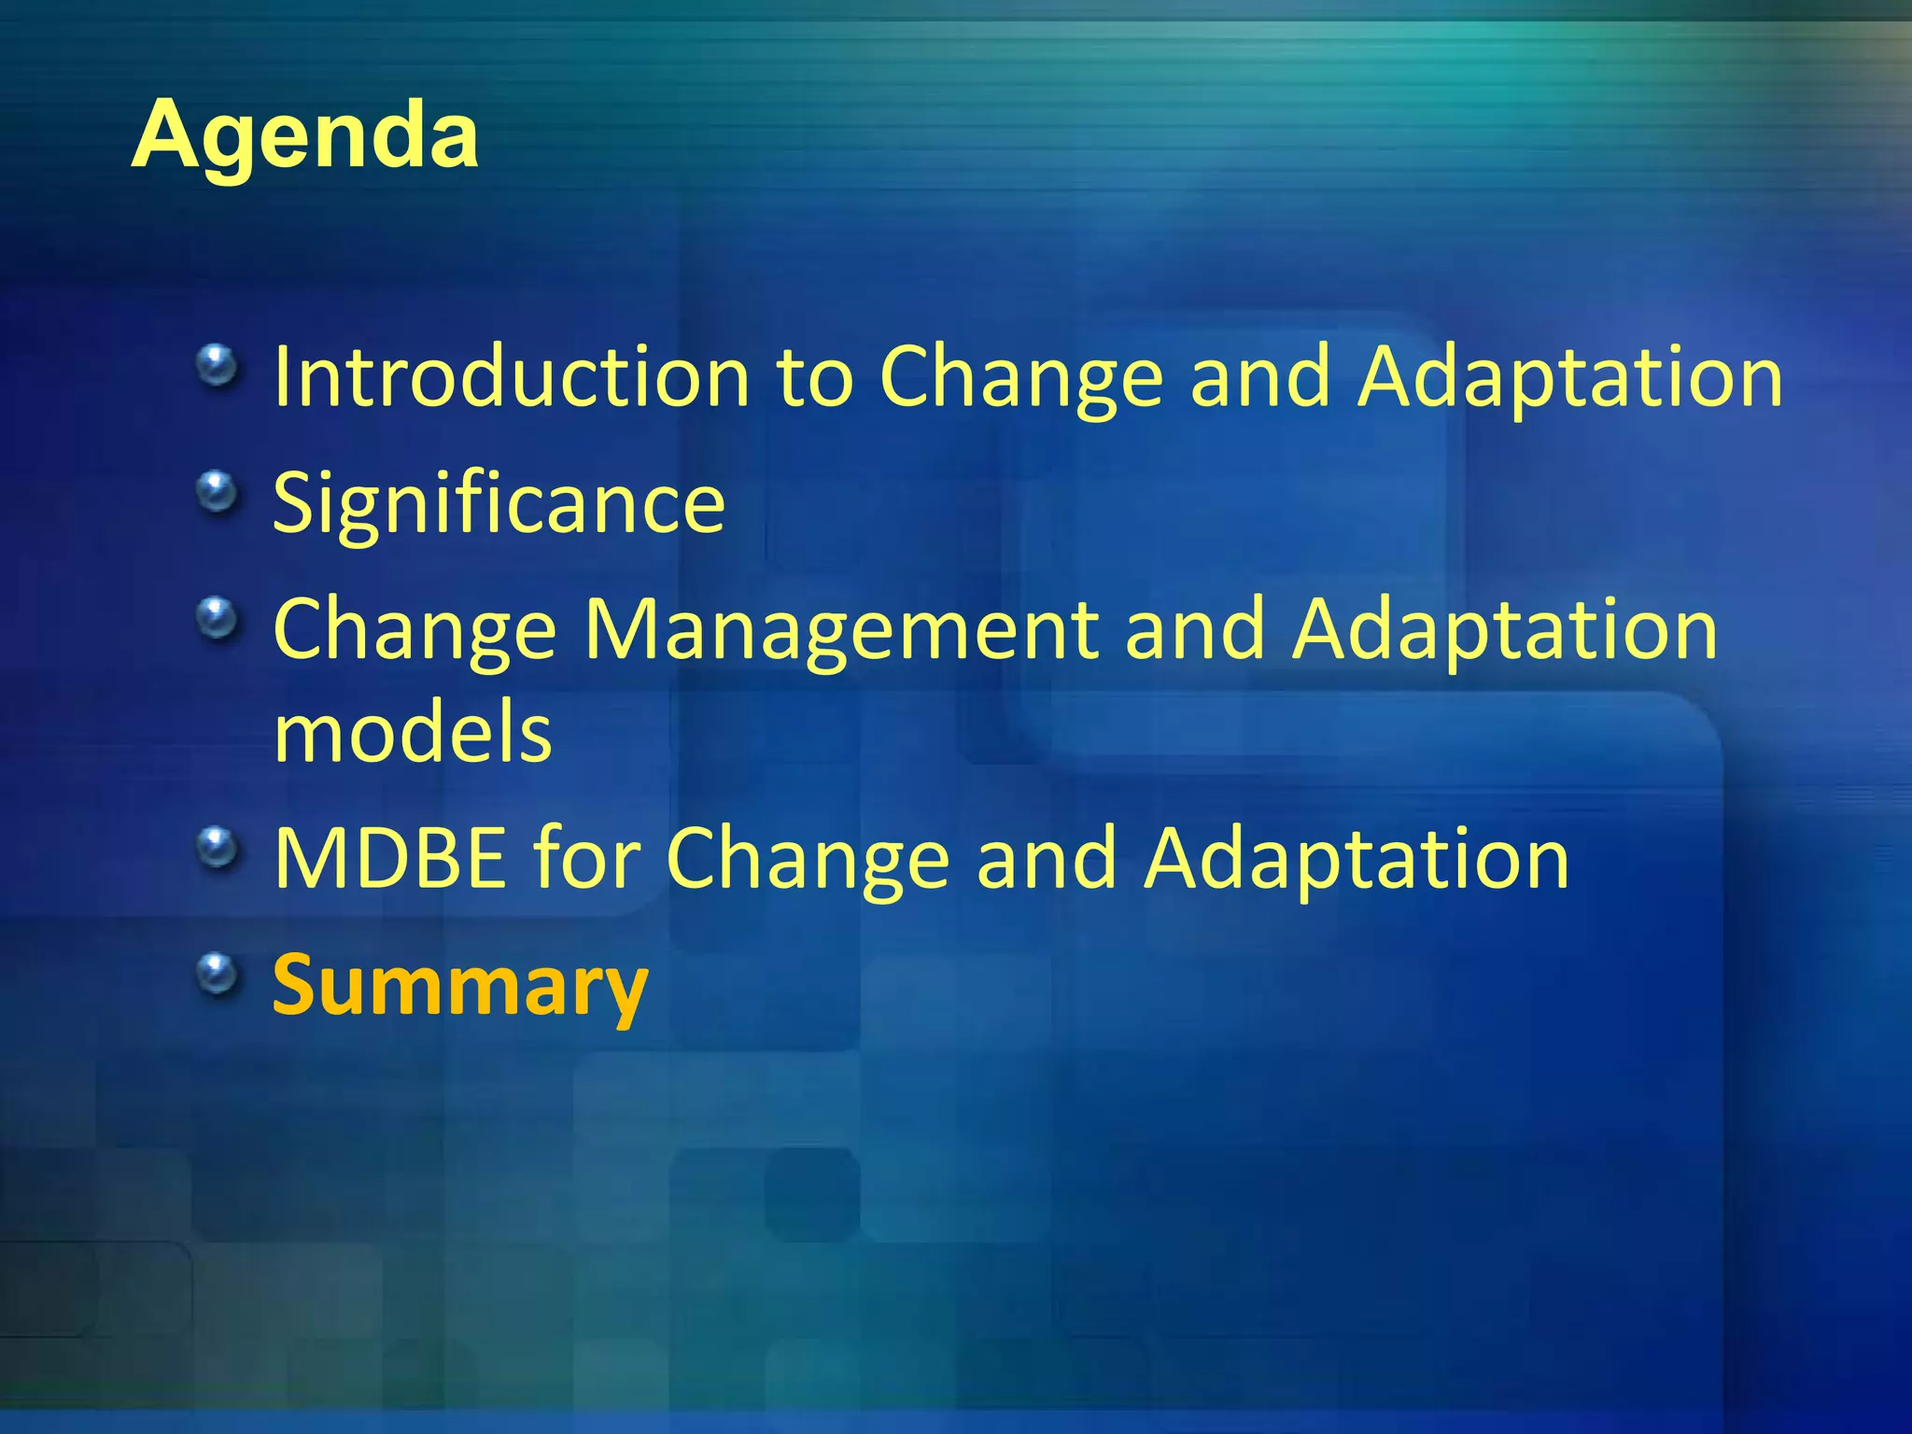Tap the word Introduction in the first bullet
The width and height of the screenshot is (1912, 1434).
(x=512, y=377)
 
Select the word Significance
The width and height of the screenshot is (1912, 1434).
(x=499, y=504)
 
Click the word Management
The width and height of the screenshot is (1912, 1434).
(x=841, y=631)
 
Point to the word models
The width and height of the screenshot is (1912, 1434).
(x=413, y=734)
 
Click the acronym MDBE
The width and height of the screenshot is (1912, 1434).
(x=390, y=859)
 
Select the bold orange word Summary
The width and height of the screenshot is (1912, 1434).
(x=459, y=986)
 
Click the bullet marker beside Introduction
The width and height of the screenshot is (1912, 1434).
(x=218, y=365)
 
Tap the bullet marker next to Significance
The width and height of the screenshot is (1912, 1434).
(x=218, y=491)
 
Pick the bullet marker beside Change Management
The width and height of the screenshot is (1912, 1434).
(x=218, y=618)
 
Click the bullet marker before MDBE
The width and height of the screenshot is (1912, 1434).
(x=218, y=848)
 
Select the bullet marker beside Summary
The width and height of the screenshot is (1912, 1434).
(x=218, y=974)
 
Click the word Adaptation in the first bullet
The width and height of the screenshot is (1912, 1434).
(x=1569, y=377)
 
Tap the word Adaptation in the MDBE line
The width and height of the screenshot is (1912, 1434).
(x=1357, y=859)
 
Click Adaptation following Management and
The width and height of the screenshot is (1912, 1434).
(x=1504, y=631)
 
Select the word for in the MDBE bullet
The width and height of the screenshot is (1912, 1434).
(x=586, y=859)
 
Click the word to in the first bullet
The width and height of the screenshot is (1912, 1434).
(x=815, y=379)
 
